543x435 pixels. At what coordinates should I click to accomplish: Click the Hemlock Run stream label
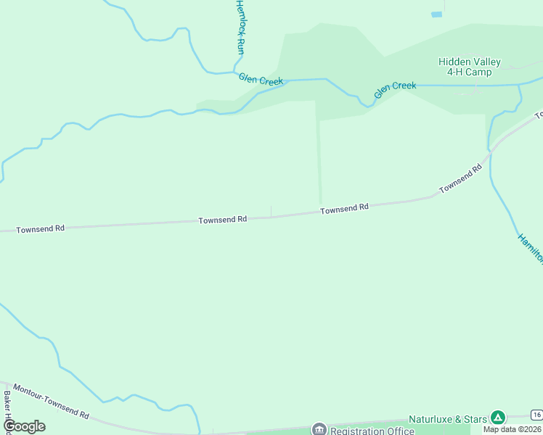240,27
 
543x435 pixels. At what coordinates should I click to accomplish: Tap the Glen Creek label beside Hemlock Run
261,80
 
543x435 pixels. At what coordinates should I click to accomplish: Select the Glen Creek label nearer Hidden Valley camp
395,90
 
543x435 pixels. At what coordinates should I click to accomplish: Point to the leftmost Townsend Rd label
41,228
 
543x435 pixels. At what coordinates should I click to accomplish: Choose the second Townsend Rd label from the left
223,218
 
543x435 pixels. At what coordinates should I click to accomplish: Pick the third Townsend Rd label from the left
345,208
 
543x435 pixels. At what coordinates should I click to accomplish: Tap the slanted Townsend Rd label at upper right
460,179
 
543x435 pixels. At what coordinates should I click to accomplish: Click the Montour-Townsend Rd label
51,401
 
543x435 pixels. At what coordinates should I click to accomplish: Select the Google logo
24,426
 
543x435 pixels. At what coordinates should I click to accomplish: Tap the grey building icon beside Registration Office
319,430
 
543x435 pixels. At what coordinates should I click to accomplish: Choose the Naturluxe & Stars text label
447,419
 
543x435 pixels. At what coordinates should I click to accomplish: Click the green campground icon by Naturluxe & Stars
497,417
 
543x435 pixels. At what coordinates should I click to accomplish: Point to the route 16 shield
536,415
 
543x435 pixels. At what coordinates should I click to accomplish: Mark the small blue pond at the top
436,14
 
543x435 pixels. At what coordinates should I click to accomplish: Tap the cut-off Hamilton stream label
530,248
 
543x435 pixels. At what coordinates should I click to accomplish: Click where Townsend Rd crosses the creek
491,150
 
